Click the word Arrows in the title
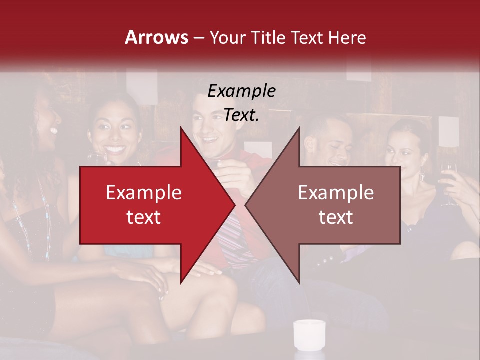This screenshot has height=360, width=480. point(156,37)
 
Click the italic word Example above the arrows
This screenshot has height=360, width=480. point(241,91)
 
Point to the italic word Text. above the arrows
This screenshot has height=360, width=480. point(241,115)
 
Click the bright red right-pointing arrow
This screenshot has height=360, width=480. point(150,205)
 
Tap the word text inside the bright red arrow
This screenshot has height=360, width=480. point(143,217)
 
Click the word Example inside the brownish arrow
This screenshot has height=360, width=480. point(336,193)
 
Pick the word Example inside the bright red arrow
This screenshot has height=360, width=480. point(143,193)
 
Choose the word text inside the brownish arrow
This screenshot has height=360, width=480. point(336,217)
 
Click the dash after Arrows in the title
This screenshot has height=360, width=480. point(198,37)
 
